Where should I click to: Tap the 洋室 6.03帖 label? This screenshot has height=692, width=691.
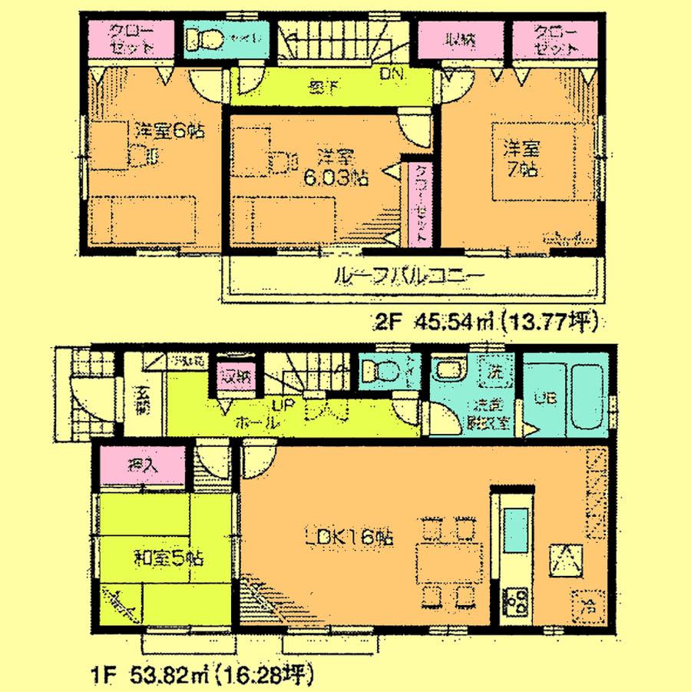click(x=336, y=167)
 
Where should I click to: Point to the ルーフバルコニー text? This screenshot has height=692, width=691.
click(x=408, y=276)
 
